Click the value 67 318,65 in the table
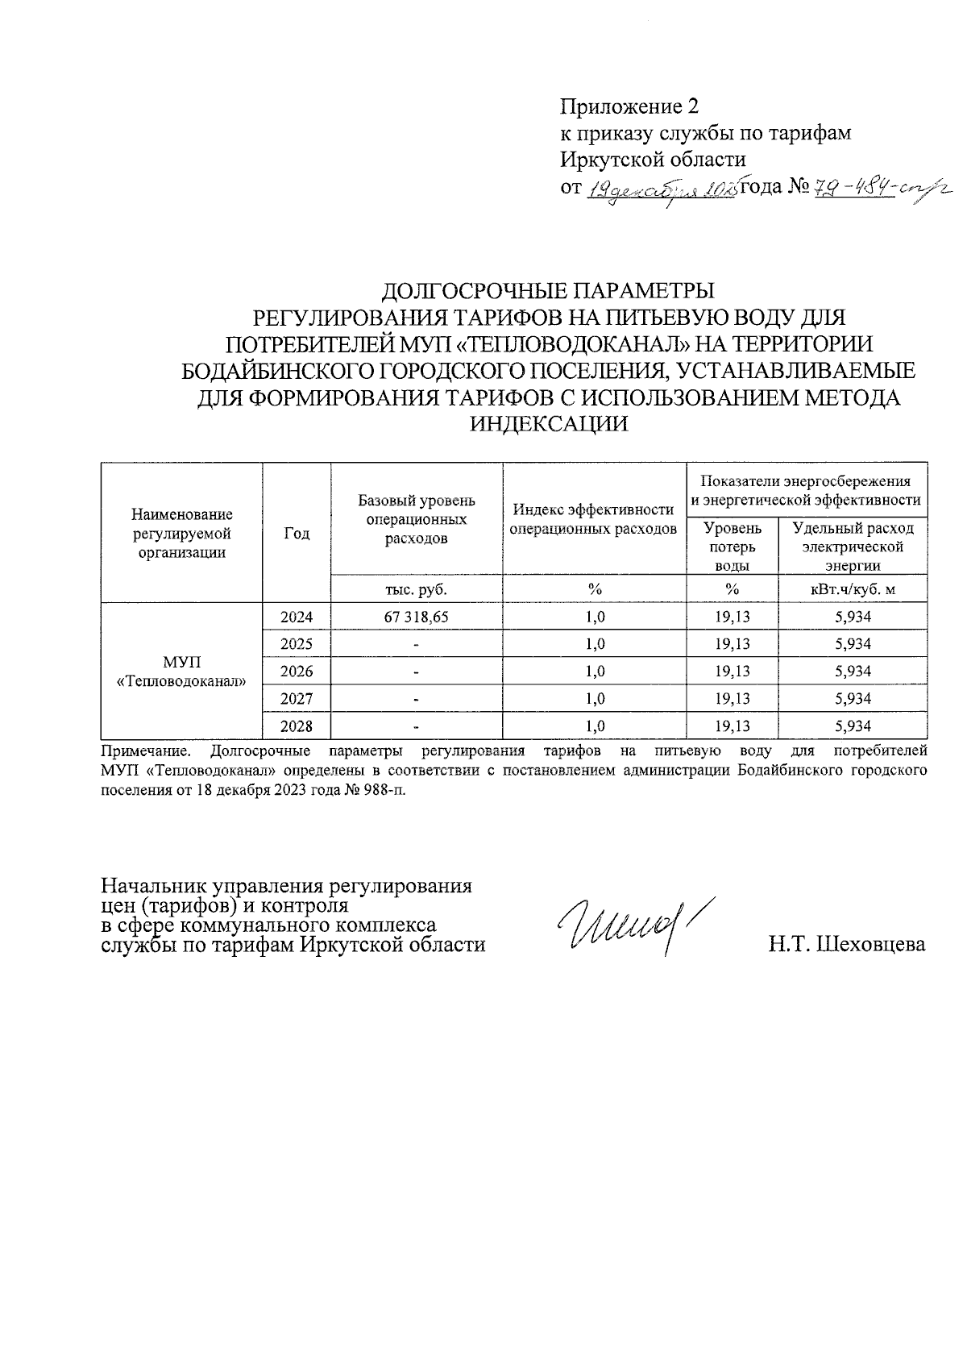coord(416,617)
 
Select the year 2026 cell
coord(296,672)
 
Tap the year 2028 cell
coord(296,726)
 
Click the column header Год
coord(297,534)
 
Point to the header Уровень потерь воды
coord(732,547)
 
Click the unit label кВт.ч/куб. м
coord(853,589)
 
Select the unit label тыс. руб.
coord(416,589)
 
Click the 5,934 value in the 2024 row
coord(853,617)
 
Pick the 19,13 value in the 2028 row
coord(732,726)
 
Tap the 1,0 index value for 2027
coord(596,699)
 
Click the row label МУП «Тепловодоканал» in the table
coord(181,672)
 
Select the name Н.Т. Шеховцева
coord(847,944)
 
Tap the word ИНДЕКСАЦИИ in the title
coord(547,423)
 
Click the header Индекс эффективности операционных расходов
coord(595,519)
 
